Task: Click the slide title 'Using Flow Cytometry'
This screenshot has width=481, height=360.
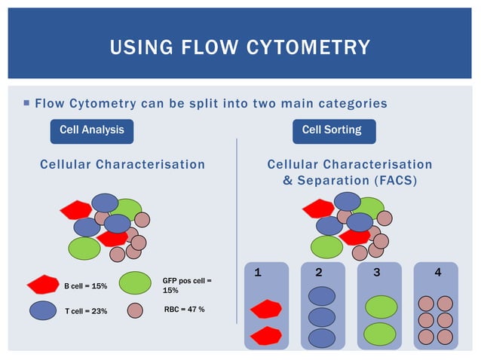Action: coord(240,47)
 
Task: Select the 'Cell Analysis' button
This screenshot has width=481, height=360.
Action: coord(91,130)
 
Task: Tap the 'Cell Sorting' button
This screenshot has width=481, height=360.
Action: coord(331,130)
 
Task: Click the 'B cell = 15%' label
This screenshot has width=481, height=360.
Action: coord(85,286)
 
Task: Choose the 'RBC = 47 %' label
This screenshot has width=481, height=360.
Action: coord(183,310)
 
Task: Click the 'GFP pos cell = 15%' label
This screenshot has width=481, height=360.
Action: coord(186,285)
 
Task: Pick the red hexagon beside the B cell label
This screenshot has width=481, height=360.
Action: coord(42,285)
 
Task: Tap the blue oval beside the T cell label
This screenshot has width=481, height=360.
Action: coord(42,310)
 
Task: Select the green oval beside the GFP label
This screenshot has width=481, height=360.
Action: coord(136,283)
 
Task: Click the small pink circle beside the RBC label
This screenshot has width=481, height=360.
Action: coord(135,310)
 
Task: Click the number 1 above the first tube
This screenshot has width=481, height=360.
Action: coord(258,273)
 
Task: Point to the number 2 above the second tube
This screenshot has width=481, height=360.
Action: coord(319,273)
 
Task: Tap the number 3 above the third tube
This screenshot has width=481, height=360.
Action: coord(376,273)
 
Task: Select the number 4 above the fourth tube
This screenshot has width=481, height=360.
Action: coord(438,273)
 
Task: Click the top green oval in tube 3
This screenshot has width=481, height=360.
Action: coord(381,307)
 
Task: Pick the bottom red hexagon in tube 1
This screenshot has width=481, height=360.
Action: coord(265,335)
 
